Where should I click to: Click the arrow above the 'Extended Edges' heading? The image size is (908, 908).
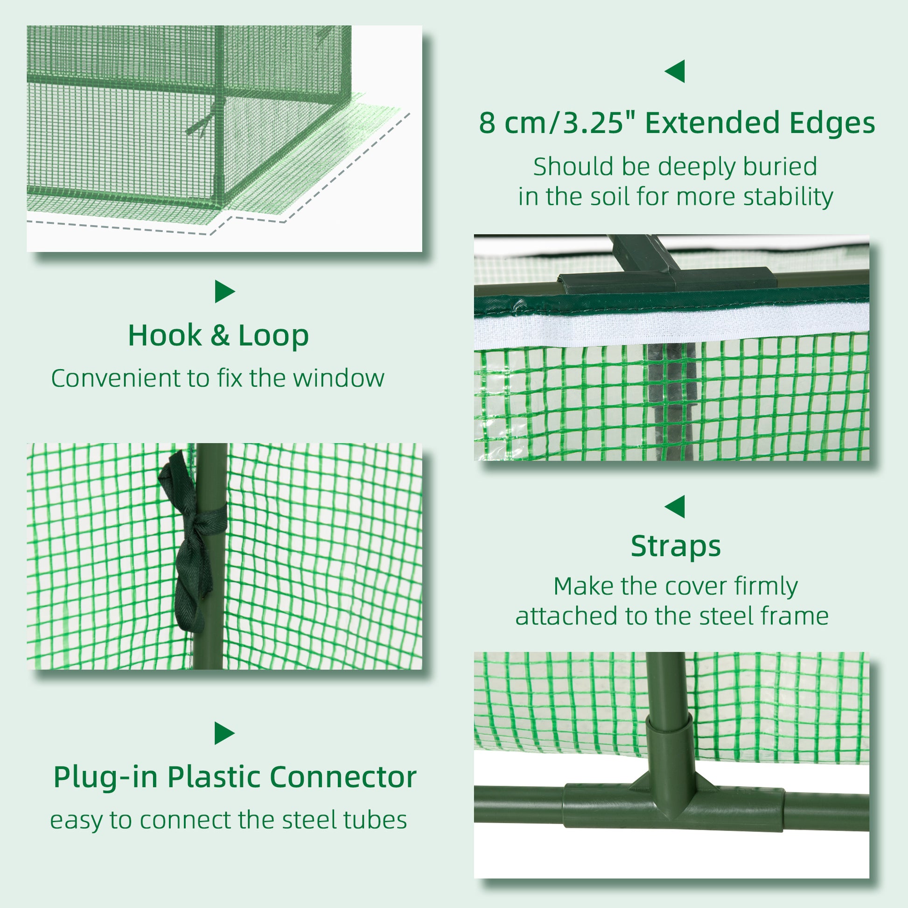[x=675, y=71]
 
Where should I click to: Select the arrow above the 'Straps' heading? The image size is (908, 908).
[x=675, y=507]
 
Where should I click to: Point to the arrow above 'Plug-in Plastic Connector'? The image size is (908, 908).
[x=224, y=733]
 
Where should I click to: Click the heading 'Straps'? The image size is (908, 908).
[x=675, y=546]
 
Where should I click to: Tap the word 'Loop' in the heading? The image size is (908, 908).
[x=273, y=336]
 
